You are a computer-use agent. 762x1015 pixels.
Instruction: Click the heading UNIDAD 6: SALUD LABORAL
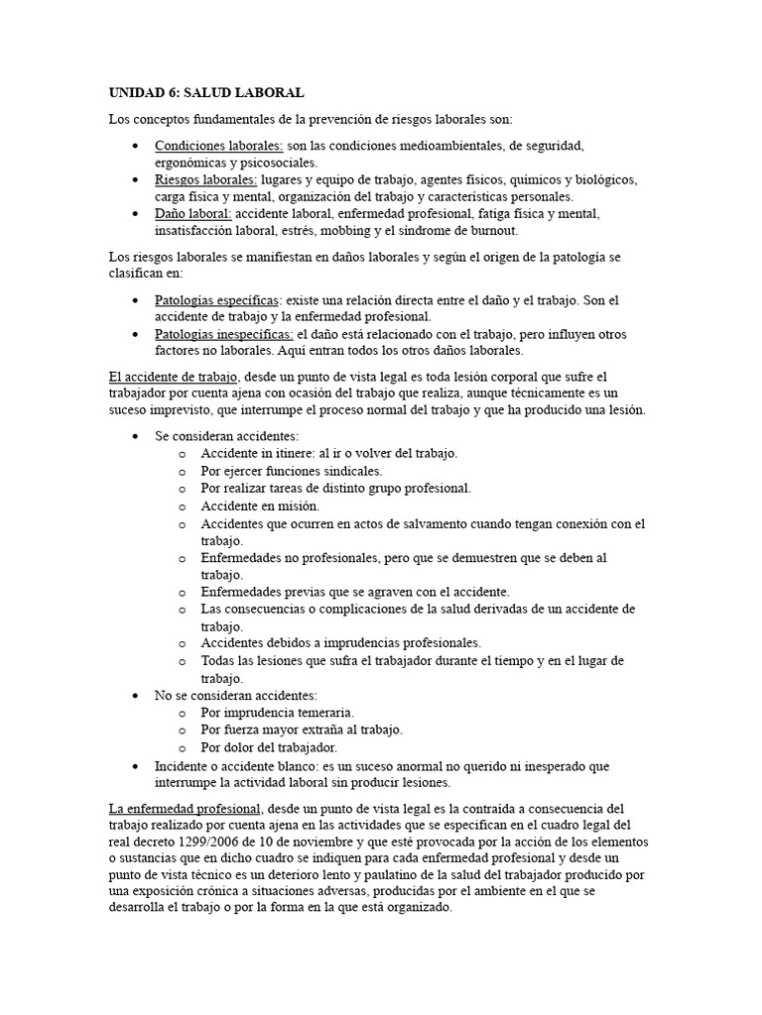click(x=206, y=92)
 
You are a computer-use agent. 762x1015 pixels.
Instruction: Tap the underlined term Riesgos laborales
click(x=205, y=179)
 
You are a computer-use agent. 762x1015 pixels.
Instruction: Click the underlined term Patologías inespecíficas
click(x=223, y=334)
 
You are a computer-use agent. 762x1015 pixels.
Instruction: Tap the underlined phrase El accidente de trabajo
click(x=174, y=377)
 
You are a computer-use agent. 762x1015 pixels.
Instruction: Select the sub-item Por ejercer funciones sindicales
click(x=291, y=471)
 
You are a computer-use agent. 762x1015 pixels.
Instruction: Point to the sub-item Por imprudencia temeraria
click(x=277, y=712)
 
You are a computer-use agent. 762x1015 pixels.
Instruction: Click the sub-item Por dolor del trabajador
click(x=269, y=746)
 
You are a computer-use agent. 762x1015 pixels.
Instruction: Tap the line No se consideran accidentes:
click(x=235, y=695)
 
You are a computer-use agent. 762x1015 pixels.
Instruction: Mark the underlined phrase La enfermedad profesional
click(x=185, y=808)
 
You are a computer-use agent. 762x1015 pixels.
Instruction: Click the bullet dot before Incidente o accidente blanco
click(x=135, y=764)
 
